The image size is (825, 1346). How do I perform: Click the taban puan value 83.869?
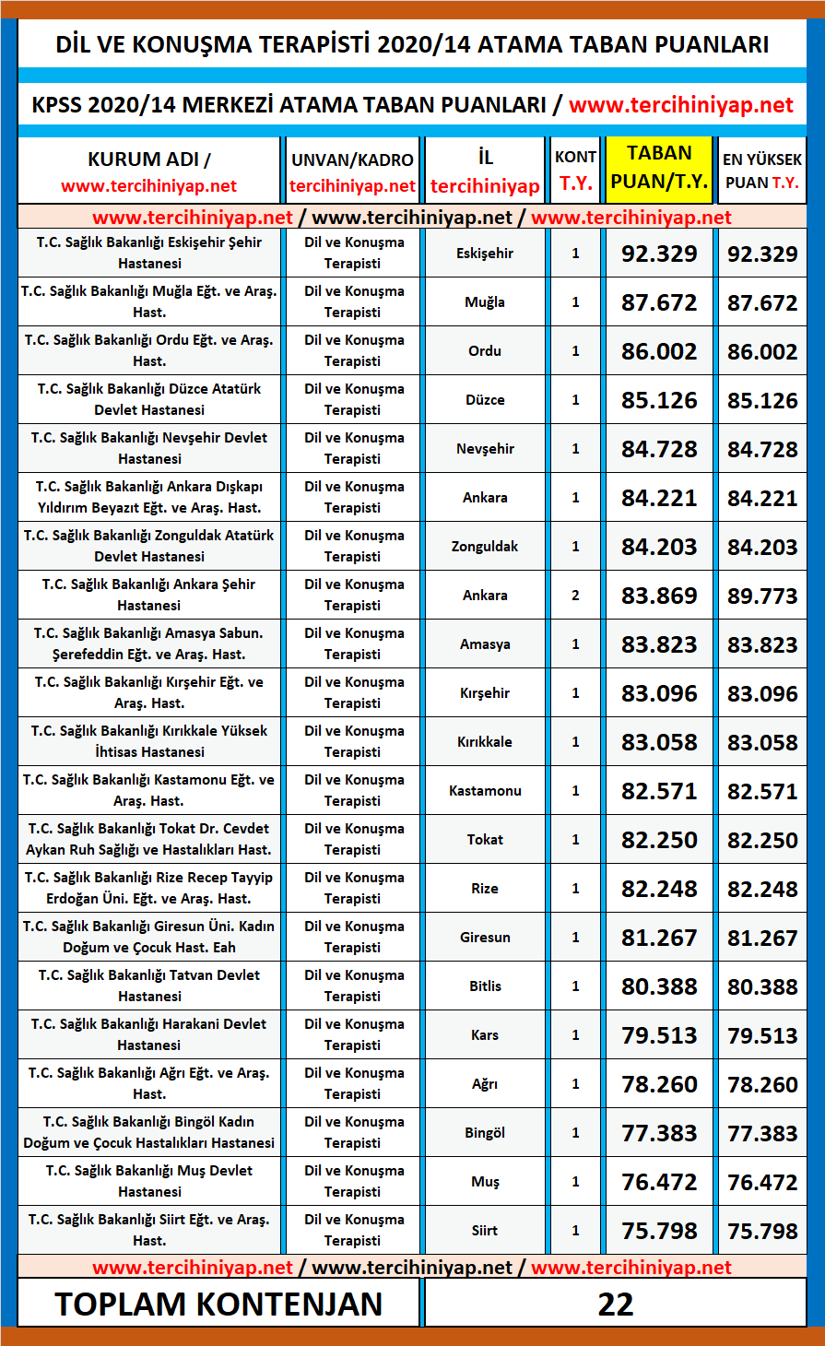coord(659,596)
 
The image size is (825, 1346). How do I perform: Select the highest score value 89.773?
coord(762,596)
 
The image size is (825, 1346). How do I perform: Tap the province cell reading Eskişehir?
coord(485,254)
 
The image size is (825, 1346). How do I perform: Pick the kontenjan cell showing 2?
coord(575,596)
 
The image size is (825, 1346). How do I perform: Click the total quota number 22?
coord(615,1304)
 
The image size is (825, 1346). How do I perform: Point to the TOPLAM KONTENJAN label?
coord(219,1304)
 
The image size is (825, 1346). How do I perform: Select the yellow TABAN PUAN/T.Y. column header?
coord(659,168)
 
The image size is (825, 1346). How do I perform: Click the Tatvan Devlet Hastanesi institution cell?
coord(149,986)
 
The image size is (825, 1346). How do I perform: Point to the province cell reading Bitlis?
coord(485,986)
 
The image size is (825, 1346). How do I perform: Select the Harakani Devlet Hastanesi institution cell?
coord(149,1034)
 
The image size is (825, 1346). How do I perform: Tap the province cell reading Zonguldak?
coord(485,547)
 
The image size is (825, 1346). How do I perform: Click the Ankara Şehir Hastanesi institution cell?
coord(149,595)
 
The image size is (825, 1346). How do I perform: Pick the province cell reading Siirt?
coord(485,1231)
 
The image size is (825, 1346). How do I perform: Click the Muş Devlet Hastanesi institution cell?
coord(149,1181)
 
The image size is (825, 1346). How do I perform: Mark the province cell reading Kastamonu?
coord(485,791)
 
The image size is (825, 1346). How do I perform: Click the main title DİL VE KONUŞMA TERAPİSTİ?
coord(412,44)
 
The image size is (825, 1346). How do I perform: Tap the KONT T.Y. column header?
coord(575,170)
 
